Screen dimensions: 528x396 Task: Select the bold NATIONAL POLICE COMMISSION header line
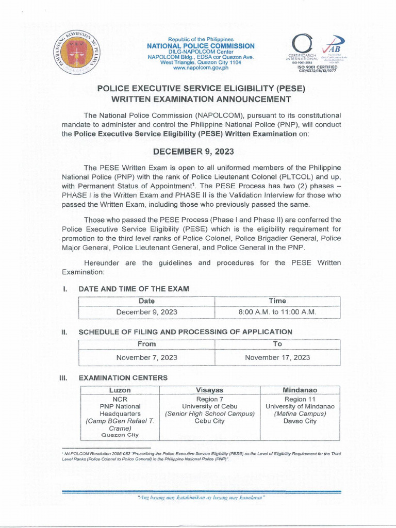201,46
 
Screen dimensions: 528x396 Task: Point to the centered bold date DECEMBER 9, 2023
198,152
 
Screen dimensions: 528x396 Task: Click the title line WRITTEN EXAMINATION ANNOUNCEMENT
198,99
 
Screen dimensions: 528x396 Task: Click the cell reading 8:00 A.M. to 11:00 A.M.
277,312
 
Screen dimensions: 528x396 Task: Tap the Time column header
277,301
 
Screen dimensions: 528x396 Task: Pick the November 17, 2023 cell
277,357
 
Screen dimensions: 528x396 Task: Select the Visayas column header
210,390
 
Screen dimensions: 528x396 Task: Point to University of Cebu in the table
210,407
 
